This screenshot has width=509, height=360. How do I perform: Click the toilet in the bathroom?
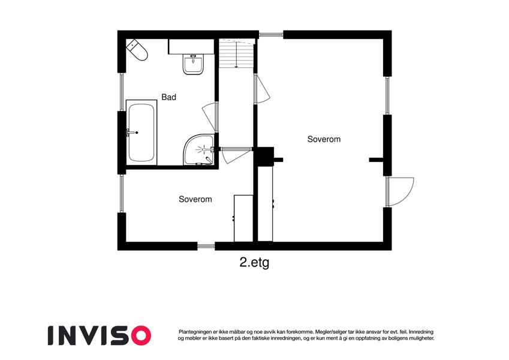137,50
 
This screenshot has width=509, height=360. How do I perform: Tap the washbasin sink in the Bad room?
194,65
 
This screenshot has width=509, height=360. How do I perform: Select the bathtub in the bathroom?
141,133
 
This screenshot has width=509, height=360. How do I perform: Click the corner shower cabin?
199,150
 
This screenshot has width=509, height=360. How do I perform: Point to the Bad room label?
169,97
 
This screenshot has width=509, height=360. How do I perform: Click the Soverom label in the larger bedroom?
324,139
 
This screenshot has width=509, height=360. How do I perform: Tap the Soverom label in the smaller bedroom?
195,199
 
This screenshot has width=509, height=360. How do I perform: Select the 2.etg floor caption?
254,263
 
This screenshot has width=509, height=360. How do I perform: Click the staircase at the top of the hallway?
236,53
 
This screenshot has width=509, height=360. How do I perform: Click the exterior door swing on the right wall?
400,191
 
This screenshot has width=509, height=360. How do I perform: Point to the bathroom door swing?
210,116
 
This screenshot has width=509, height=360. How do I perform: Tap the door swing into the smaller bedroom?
236,155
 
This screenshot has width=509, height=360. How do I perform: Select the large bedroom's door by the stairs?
262,89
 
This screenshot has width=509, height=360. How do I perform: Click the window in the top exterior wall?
271,34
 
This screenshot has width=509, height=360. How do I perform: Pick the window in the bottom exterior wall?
206,246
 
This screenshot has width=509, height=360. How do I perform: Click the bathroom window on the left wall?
122,92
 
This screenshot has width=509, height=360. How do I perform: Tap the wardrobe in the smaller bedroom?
243,218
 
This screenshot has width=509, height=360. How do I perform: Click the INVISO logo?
100,335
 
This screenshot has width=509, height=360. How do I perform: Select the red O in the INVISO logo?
140,335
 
